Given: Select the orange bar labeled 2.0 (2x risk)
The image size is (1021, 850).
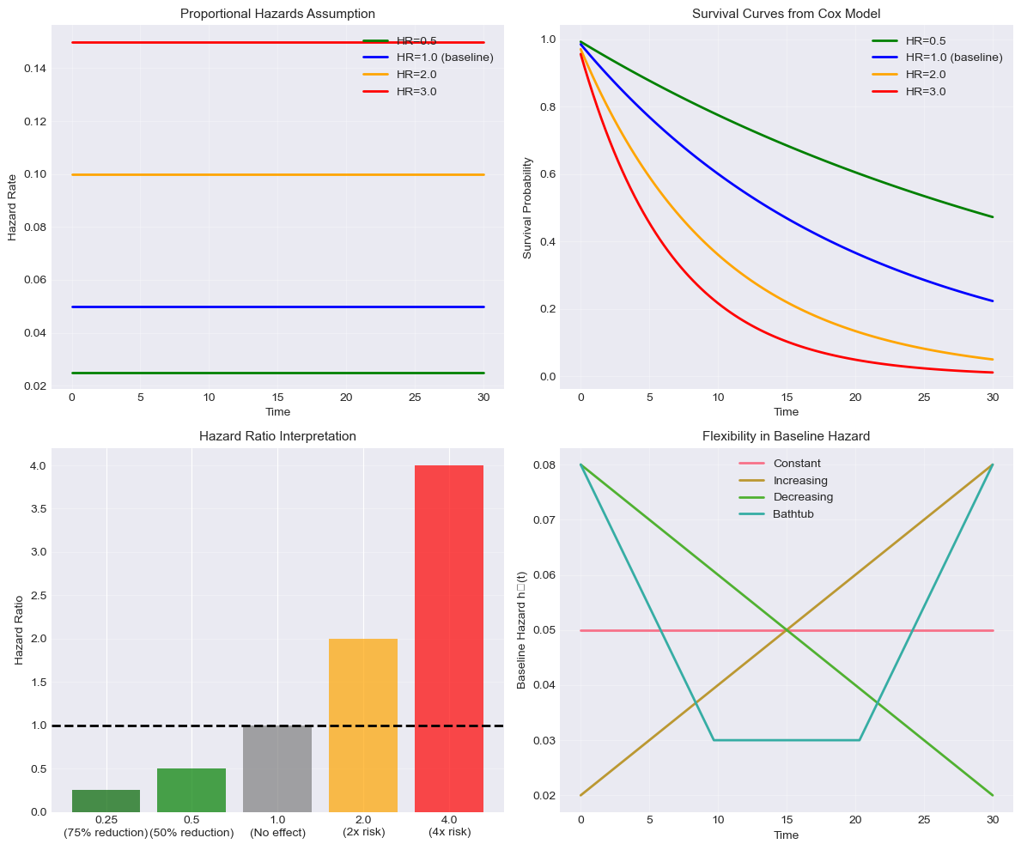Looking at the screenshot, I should tap(363, 725).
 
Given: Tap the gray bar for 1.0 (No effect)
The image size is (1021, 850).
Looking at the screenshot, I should tap(277, 768).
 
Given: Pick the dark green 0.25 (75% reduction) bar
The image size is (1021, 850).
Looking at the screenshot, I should tap(106, 801).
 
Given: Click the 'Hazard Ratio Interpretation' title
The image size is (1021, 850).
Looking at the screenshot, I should tap(277, 436).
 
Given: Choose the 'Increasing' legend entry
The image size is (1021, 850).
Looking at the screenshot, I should tap(800, 480).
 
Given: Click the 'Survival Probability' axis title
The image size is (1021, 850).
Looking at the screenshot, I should tap(528, 208).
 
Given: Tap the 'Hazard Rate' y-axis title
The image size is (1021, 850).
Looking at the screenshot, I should tap(13, 208).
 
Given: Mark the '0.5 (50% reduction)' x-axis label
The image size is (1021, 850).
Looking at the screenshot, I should tap(191, 826).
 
